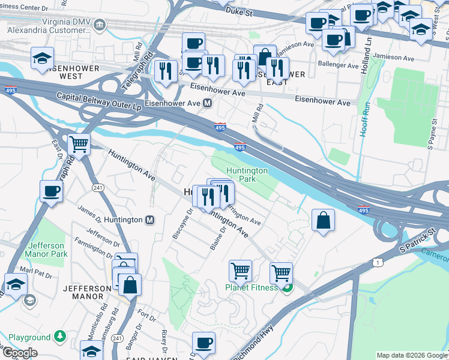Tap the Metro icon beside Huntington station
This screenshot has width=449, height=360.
pos(150,220)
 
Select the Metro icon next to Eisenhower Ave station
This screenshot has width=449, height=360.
pos(207,103)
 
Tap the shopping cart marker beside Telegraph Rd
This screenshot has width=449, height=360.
pos(79,144)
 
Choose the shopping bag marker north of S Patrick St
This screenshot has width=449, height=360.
pos(323,219)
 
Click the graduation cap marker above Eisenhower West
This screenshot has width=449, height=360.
pos(43,58)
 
